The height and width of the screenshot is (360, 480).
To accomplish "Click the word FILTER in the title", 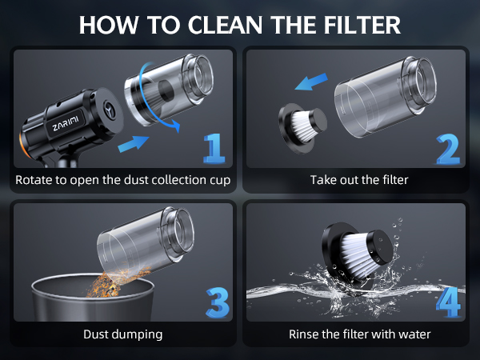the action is (x=362, y=25).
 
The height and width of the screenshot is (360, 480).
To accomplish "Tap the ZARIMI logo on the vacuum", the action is (x=66, y=122).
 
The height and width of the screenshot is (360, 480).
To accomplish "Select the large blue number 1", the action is (x=214, y=148).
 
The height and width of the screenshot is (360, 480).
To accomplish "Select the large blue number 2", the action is (x=448, y=149).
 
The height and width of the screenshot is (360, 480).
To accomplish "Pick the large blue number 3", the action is (x=218, y=302).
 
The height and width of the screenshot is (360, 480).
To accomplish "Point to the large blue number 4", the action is (x=448, y=302).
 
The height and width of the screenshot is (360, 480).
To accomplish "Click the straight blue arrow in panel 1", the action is (x=133, y=144).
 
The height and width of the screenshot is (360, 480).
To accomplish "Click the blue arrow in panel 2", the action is (x=311, y=82).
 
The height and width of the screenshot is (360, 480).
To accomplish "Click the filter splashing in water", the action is (x=357, y=253).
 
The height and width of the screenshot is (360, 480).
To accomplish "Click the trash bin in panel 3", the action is (x=93, y=298).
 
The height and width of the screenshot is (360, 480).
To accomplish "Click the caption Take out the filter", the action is (x=359, y=180).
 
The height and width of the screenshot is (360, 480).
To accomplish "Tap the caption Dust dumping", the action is (x=122, y=334).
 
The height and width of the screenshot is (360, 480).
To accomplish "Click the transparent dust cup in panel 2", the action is (x=385, y=96).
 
